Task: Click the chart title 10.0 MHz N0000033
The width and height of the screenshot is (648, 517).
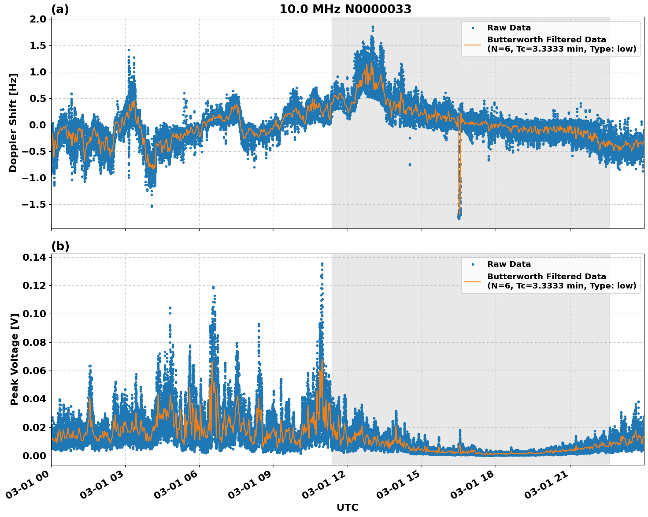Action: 345,9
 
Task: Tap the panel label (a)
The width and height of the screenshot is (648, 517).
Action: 60,9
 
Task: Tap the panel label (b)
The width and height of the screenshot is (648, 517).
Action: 60,246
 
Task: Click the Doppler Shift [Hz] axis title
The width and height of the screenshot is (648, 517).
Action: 13,123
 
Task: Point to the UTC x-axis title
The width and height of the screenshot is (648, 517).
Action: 347,507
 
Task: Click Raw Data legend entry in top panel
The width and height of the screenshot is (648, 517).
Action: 509,28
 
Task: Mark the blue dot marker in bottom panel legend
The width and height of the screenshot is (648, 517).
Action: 473,264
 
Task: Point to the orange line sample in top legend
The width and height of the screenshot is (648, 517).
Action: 473,44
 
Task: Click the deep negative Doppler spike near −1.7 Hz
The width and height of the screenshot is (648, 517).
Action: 459,215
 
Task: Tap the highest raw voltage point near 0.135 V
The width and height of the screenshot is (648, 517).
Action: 322,264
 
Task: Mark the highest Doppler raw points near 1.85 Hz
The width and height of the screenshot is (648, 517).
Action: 373,27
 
